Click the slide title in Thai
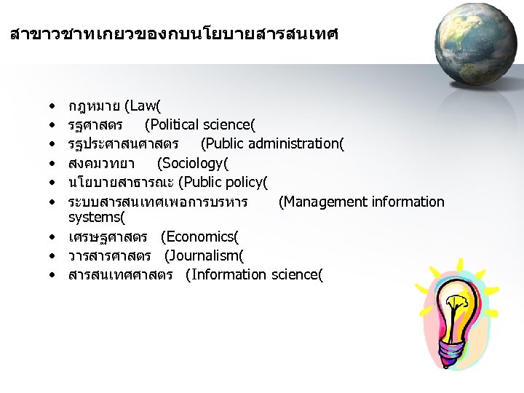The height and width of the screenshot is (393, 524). [175, 33]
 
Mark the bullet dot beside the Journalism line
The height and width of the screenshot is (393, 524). [55, 256]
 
